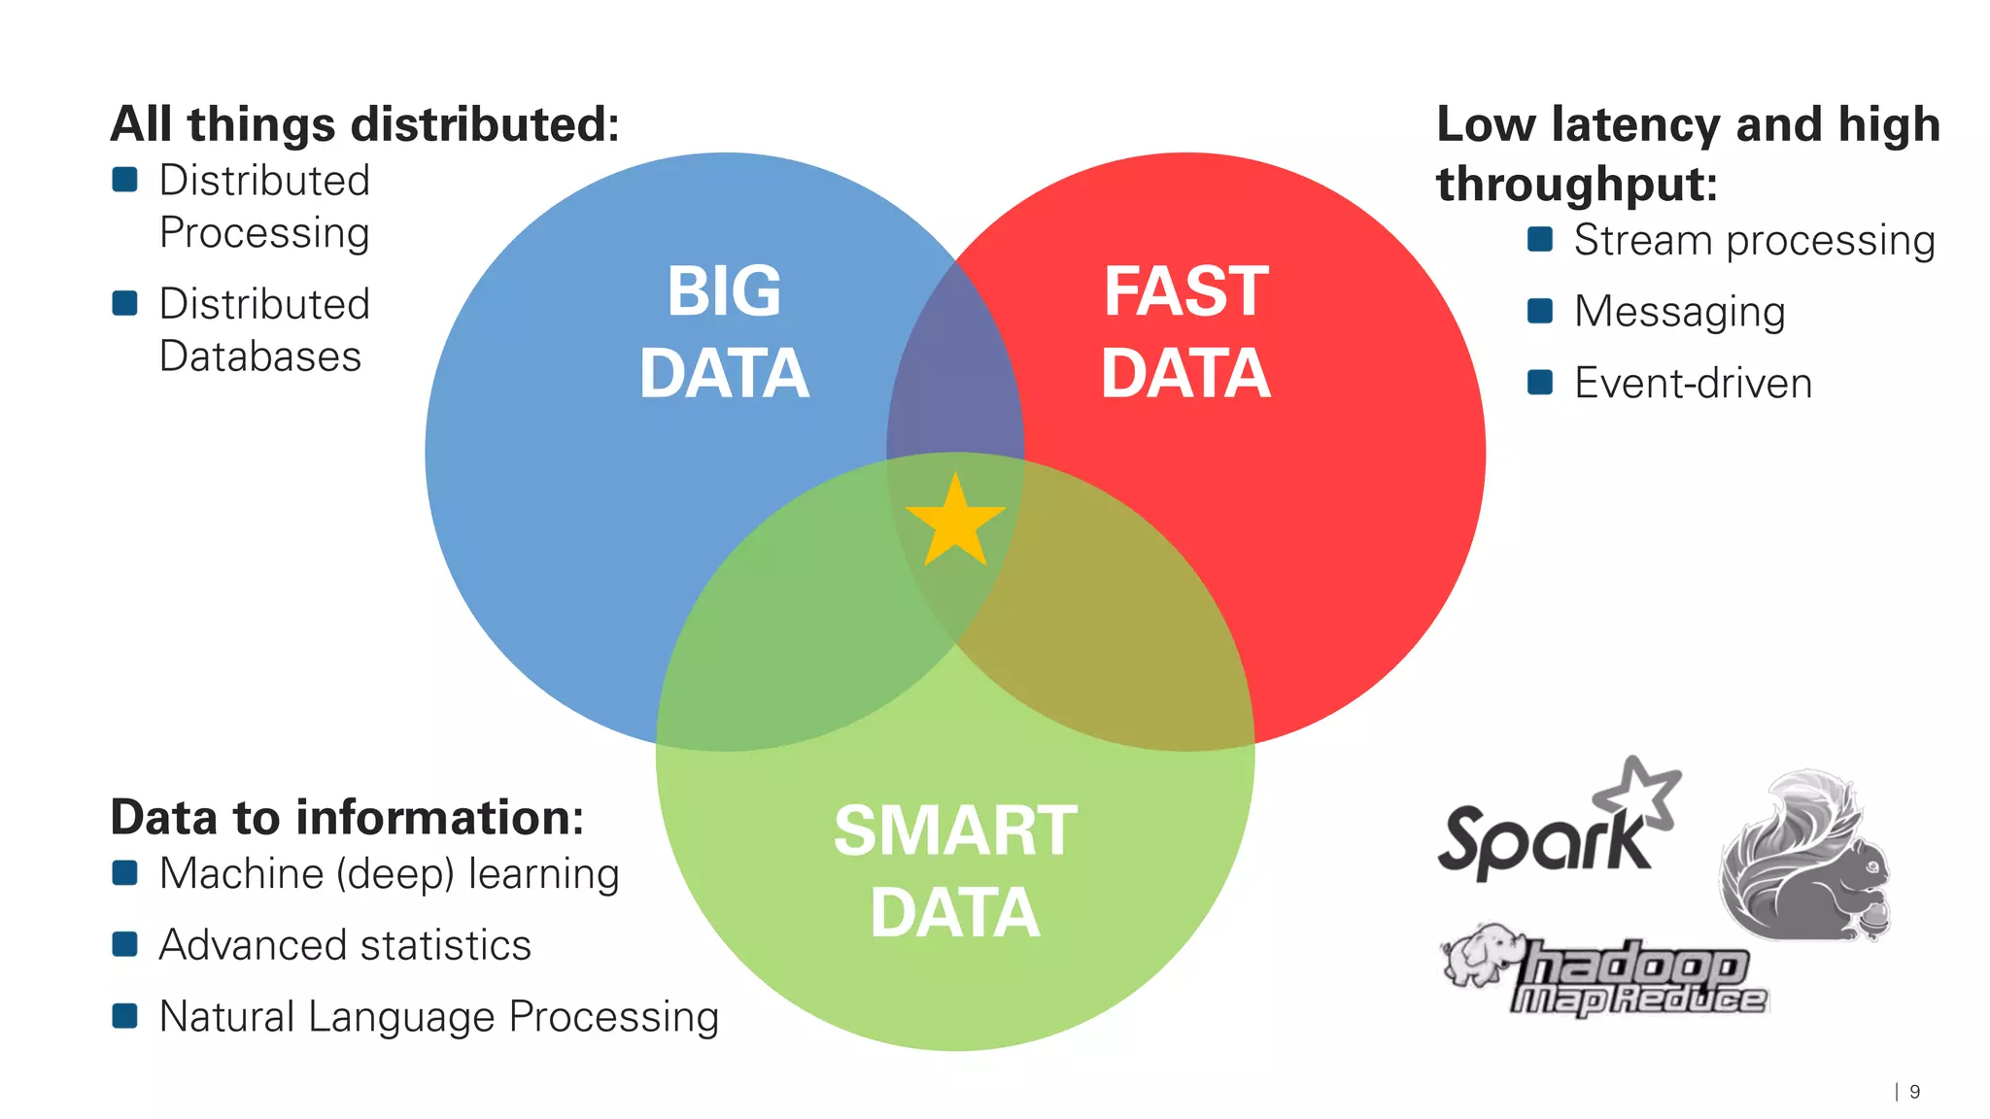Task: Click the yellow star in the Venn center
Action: coord(955,523)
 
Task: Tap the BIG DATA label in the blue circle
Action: coord(724,332)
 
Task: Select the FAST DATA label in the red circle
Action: coord(1185,332)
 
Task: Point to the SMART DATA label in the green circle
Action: coord(955,871)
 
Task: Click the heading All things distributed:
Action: coord(365,124)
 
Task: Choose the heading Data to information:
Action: coord(348,817)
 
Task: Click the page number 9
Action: coord(1914,1092)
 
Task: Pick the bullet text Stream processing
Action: coord(1754,240)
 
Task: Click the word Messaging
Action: coord(1679,312)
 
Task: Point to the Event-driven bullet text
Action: coord(1693,384)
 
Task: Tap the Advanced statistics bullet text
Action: coord(345,945)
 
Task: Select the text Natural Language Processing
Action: coord(439,1017)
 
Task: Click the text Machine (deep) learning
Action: coord(389,873)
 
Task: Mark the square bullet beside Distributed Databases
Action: coord(125,303)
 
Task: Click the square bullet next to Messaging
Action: coord(1540,311)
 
